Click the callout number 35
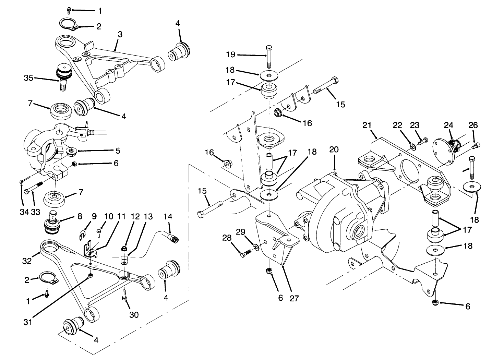tap(28, 78)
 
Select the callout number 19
tap(230, 55)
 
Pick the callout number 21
tap(367, 126)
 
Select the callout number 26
tap(473, 125)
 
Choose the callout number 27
tap(294, 298)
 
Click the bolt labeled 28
tap(245, 253)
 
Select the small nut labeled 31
tap(90, 276)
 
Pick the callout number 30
tap(134, 314)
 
